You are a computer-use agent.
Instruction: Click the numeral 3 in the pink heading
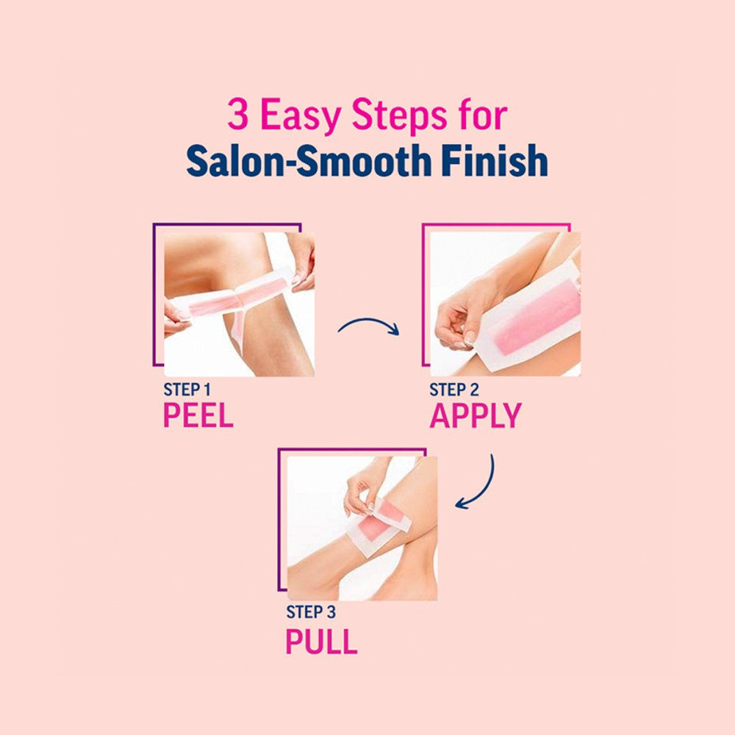[237, 114]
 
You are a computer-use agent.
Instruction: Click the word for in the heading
[484, 114]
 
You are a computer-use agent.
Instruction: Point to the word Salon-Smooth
[309, 160]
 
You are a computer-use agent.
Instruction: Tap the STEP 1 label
[187, 390]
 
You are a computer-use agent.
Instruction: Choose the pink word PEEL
[198, 415]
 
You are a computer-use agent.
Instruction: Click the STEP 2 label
[453, 390]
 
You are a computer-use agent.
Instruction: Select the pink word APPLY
[476, 415]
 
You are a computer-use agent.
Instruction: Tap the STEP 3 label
[311, 612]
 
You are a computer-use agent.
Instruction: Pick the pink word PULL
[321, 641]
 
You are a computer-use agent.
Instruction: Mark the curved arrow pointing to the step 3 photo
[484, 490]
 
